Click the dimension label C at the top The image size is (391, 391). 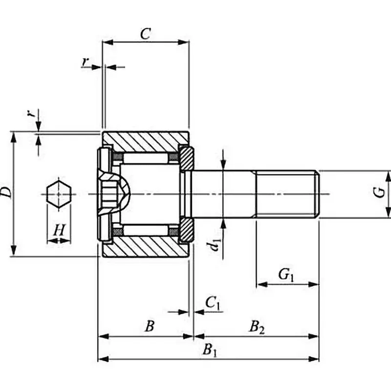click(145, 34)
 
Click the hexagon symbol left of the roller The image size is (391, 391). click(59, 194)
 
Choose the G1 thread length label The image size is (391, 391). click(287, 275)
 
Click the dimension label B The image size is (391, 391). click(150, 326)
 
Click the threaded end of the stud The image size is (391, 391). click(287, 194)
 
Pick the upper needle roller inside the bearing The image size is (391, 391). click(145, 158)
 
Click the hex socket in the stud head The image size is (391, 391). click(111, 194)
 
